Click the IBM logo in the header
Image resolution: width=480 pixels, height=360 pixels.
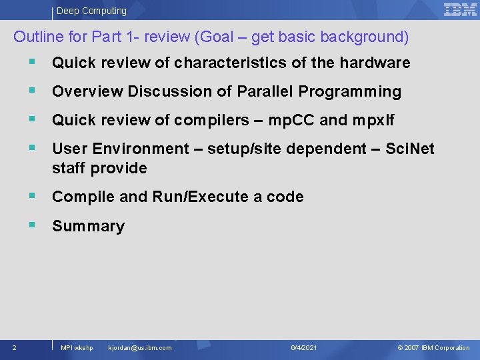(460, 9)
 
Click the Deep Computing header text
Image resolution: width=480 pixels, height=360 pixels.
(91, 11)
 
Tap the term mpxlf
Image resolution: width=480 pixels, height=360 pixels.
(374, 121)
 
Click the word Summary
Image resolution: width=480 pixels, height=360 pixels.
(88, 227)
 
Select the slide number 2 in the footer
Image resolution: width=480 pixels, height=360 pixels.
(15, 347)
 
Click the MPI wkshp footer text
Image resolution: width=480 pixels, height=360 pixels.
(77, 348)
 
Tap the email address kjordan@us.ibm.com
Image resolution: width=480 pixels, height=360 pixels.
(139, 348)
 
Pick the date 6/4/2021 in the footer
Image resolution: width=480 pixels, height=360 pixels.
(304, 348)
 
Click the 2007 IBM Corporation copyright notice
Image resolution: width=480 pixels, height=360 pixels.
(433, 348)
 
